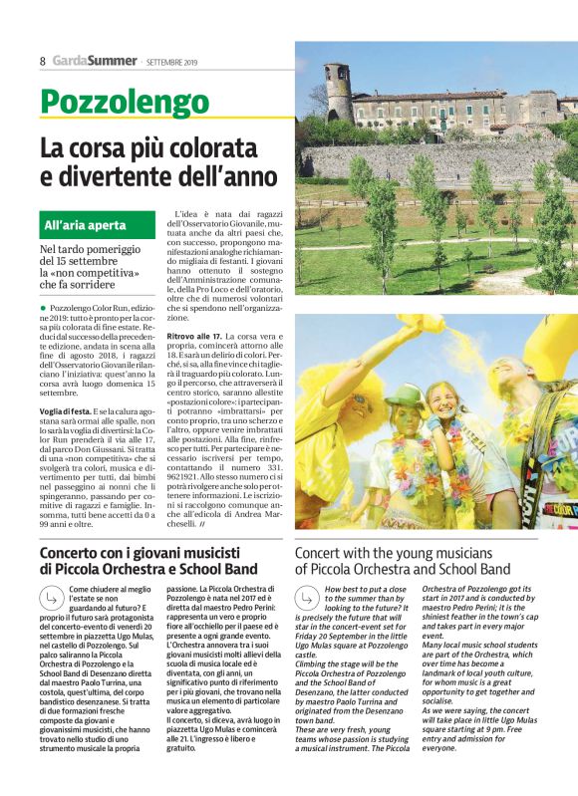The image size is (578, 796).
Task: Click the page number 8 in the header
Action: (x=43, y=61)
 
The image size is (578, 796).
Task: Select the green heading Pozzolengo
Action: (x=125, y=102)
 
